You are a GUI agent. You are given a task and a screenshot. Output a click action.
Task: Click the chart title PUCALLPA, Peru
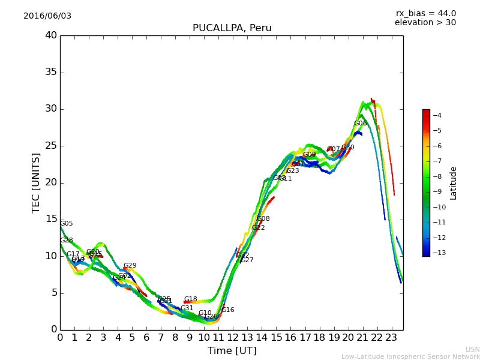point(232,28)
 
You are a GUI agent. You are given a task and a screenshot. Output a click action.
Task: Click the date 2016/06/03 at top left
point(47,16)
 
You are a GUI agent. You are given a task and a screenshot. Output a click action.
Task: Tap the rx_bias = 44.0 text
point(425,13)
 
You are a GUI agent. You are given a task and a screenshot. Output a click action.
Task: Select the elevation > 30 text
point(425,23)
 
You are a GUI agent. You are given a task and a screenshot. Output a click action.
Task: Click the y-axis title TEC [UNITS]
point(36,182)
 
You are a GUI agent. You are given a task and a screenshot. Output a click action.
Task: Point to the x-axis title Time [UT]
point(232,350)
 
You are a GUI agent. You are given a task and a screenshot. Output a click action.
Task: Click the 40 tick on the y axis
point(50,35)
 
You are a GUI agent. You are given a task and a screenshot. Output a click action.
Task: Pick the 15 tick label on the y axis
point(50,219)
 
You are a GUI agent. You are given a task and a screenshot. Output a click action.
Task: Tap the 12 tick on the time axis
point(233,337)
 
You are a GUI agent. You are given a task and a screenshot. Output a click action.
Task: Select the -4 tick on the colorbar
point(437,115)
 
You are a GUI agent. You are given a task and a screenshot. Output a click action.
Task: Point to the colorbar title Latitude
point(454,183)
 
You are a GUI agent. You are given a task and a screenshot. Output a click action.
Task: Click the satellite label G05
point(66,224)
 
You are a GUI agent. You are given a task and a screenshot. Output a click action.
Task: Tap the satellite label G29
point(130,266)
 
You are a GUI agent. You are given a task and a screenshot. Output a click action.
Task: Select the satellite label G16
point(228,310)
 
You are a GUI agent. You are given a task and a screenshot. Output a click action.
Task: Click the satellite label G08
point(263,219)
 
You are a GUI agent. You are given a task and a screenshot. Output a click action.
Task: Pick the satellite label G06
point(360,124)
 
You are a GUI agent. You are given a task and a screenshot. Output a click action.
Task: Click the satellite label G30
point(348,148)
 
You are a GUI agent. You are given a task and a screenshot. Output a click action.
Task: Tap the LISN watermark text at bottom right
point(472,349)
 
